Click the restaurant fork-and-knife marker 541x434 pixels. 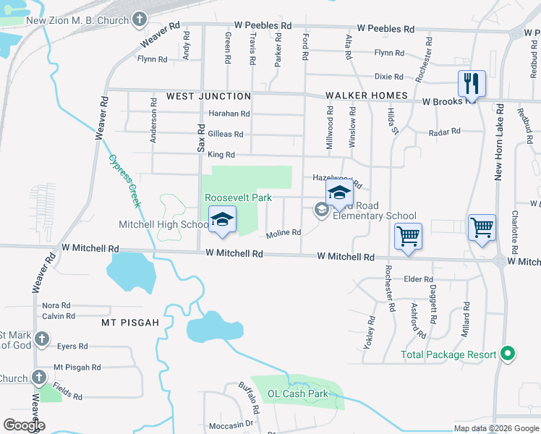coord(472,83)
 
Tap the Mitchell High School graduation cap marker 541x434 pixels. coord(222,220)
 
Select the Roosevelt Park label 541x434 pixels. coord(238,197)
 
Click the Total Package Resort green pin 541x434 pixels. coord(508,354)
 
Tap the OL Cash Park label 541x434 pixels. coord(298,394)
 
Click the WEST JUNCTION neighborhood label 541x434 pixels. coord(208,96)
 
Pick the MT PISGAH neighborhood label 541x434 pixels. coord(130,322)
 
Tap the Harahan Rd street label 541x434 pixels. coord(229,114)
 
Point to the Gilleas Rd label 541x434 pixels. coord(226,134)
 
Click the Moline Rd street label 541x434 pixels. coord(283,232)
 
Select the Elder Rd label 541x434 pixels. coord(418,279)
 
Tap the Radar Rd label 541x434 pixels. coord(444,132)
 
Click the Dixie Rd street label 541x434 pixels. coord(388,76)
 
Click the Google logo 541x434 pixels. coord(24,425)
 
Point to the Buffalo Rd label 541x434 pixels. coord(250,399)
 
